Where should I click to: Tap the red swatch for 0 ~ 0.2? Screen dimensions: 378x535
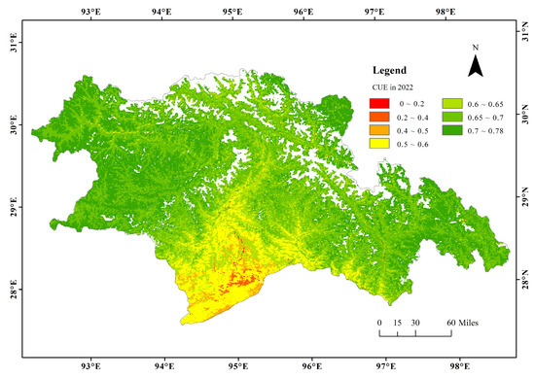tap(381, 102)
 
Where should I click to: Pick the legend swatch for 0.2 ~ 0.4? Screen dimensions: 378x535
tap(381, 116)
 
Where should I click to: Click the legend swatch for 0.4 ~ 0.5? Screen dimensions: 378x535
tap(381, 129)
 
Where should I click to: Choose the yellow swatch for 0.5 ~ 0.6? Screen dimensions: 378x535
tap(381, 143)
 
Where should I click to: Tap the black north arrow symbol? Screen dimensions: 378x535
tap(475, 66)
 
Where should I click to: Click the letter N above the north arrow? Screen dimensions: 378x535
tap(475, 48)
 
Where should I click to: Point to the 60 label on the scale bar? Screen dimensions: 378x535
tap(450, 322)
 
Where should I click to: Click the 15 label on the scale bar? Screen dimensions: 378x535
tap(397, 322)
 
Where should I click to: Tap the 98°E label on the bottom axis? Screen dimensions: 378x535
tap(446, 368)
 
